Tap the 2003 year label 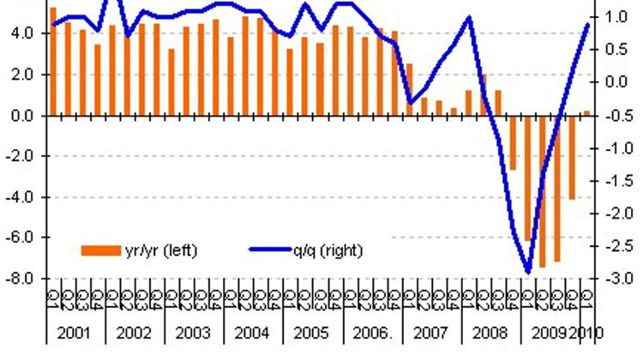(x=192, y=333)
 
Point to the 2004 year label (x=251, y=333)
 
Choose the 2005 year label (x=310, y=333)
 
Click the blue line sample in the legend (x=273, y=250)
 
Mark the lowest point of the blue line (x=527, y=273)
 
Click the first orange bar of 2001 (x=53, y=61)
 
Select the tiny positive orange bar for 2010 (x=586, y=112)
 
